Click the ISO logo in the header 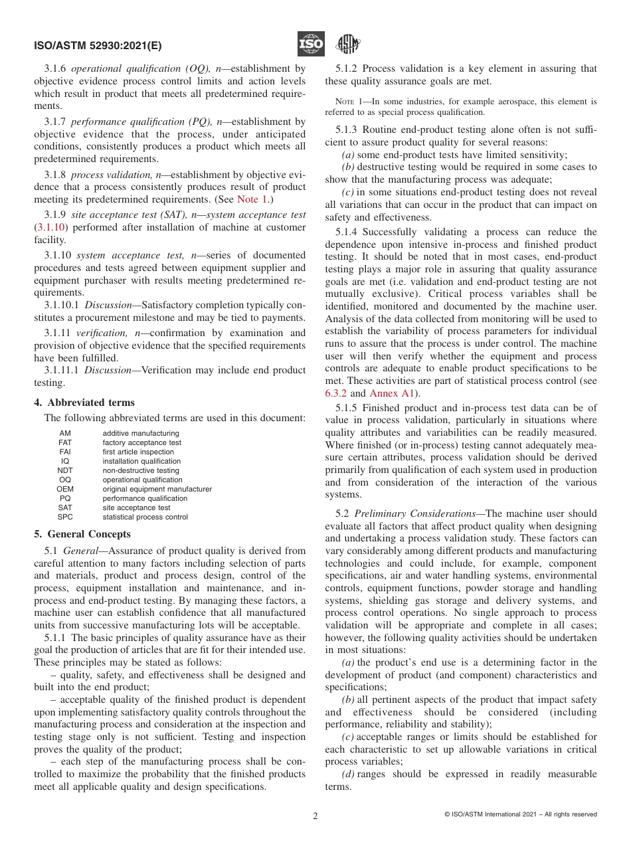click(311, 44)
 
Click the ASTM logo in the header click(347, 44)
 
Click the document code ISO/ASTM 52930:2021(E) click(98, 47)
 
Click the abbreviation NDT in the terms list click(65, 470)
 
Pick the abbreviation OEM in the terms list click(65, 489)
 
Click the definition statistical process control click(145, 517)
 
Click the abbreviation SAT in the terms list click(65, 508)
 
